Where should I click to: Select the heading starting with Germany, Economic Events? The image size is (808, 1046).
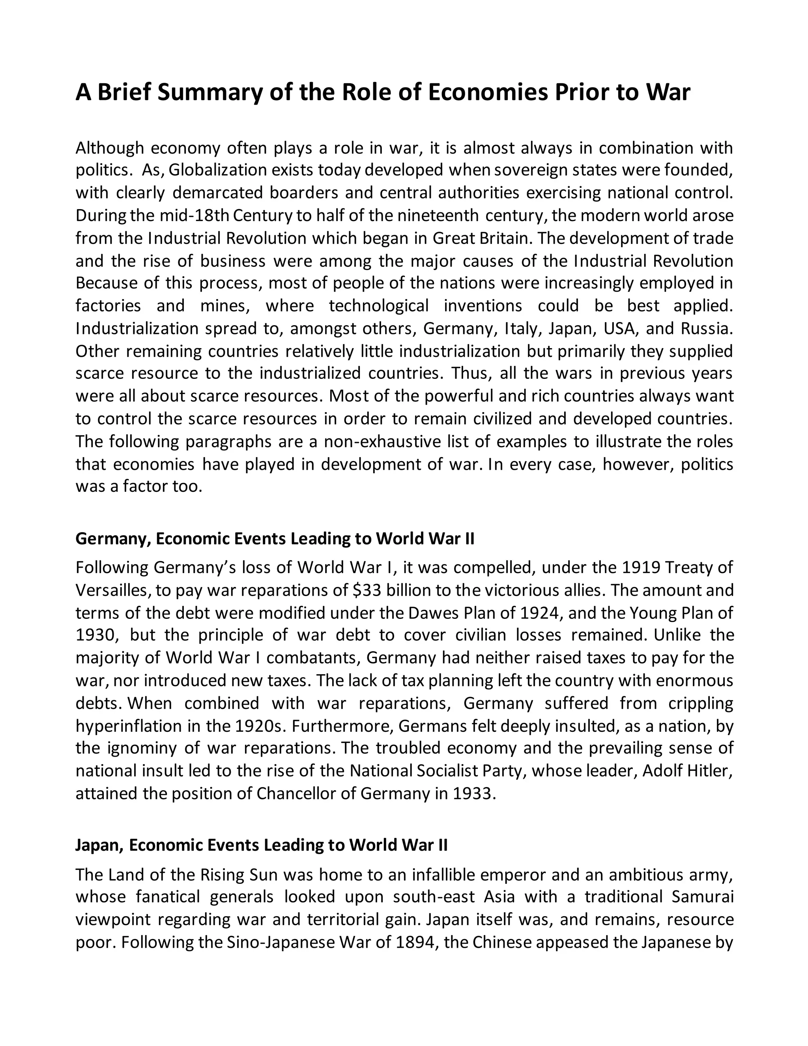tap(275, 539)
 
